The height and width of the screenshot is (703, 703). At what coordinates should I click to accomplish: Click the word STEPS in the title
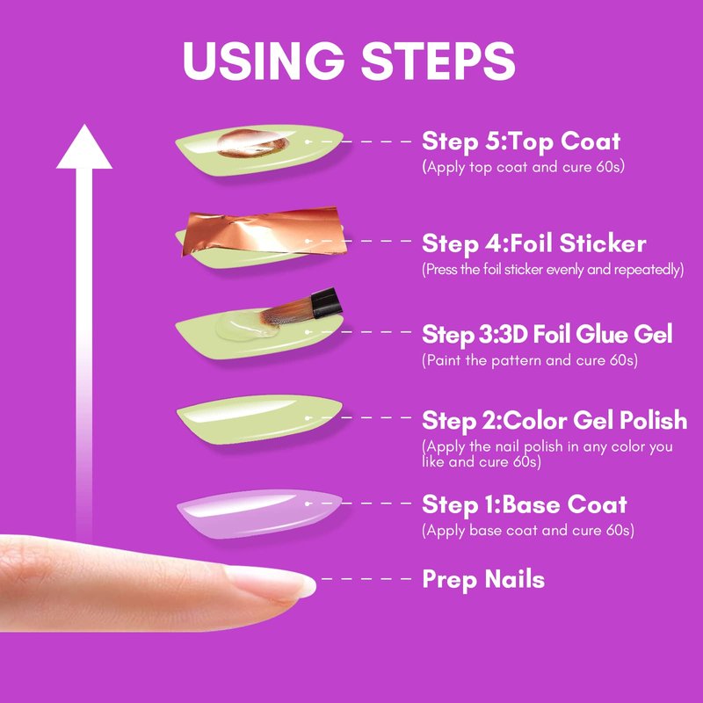(x=438, y=61)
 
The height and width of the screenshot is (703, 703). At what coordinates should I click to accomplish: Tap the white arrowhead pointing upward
(x=84, y=147)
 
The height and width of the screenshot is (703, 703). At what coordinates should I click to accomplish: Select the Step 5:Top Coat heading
(x=521, y=141)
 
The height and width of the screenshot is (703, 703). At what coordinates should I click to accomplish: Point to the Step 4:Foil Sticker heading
(x=534, y=243)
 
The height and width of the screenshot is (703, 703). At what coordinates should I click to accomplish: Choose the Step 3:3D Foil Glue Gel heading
(x=547, y=335)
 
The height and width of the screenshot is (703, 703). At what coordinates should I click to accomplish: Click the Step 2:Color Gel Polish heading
(x=554, y=421)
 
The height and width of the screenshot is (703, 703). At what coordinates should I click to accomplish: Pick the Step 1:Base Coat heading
(x=524, y=504)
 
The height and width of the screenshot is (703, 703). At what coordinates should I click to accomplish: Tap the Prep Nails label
(x=483, y=579)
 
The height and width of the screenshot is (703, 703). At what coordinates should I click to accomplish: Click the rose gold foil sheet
(x=264, y=232)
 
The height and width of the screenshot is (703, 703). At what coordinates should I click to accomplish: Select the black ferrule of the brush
(x=326, y=302)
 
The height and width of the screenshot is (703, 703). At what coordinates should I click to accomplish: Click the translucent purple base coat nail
(x=259, y=513)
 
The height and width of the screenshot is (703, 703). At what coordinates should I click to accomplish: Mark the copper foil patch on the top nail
(x=252, y=143)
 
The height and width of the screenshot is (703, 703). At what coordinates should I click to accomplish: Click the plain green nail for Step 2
(x=259, y=419)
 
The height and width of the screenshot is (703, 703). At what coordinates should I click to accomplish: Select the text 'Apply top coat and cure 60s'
(x=523, y=167)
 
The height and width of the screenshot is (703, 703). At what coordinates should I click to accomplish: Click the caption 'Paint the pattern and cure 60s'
(x=530, y=360)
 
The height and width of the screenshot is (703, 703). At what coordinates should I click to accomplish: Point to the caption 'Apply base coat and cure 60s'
(x=528, y=531)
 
